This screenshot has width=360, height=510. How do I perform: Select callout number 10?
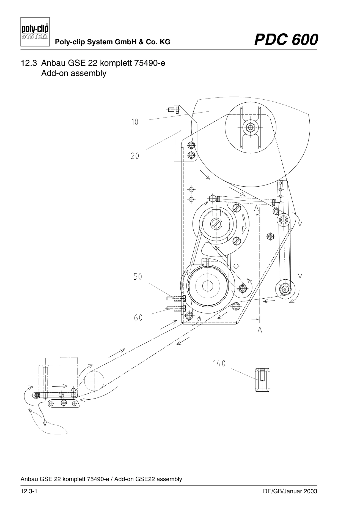pyautogui.click(x=135, y=122)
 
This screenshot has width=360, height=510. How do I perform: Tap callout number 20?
pyautogui.click(x=135, y=156)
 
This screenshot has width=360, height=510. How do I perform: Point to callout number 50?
pyautogui.click(x=138, y=277)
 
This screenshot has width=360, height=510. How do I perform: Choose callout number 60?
pyautogui.click(x=138, y=318)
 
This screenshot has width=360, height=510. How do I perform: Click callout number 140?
pyautogui.click(x=219, y=364)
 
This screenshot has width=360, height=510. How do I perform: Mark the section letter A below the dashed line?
pyautogui.click(x=260, y=330)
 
